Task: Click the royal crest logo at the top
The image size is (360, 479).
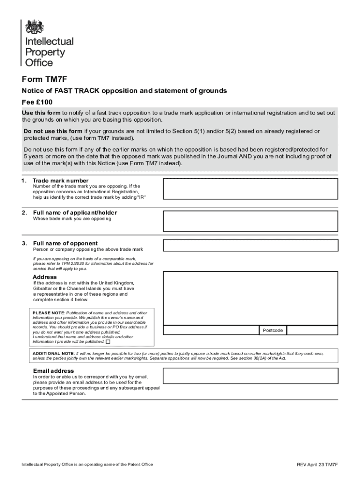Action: pos(34,27)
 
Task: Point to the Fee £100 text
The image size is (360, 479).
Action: pos(37,102)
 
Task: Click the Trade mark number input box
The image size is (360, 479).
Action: pos(250,189)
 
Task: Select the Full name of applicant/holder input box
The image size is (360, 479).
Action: pos(250,221)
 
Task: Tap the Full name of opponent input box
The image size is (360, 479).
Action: pos(250,245)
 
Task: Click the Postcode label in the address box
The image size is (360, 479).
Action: pos(273,330)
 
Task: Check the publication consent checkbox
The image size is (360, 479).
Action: pos(108,341)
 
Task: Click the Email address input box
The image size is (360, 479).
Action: pos(250,376)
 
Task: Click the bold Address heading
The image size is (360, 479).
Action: pos(44,277)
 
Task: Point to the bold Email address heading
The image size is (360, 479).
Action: pos(53,371)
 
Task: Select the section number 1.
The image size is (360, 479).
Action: pos(24,181)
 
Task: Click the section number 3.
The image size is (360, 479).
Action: pos(24,243)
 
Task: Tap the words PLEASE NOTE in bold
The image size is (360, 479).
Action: pos(48,313)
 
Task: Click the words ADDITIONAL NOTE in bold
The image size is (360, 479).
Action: pos(53,353)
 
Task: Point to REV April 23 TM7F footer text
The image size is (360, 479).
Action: pos(317,464)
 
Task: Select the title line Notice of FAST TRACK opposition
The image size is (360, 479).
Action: pos(124,91)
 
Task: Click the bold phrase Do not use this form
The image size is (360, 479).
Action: pos(53,131)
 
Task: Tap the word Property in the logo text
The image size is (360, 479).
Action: pos(45,52)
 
